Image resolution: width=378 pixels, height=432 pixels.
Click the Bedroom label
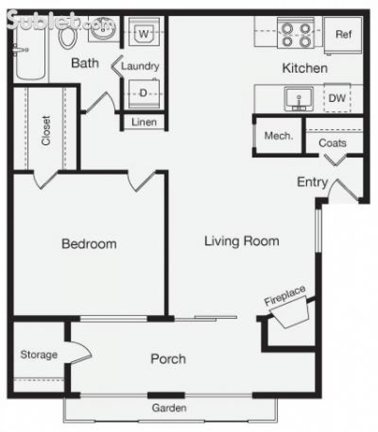(89, 244)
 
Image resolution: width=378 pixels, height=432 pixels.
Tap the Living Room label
(242, 241)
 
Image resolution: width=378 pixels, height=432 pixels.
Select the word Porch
(168, 359)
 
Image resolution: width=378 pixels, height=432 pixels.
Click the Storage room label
(39, 355)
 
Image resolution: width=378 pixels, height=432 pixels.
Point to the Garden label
(169, 408)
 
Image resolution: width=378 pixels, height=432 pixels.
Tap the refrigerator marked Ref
(343, 34)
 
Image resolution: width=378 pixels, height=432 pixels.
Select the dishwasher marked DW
(337, 98)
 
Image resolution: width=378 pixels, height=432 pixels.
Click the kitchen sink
(299, 99)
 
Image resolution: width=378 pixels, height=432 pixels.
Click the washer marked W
(144, 33)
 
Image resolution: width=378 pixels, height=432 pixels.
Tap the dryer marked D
(143, 93)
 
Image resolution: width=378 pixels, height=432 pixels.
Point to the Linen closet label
(144, 122)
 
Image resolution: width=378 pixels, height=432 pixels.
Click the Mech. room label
(278, 136)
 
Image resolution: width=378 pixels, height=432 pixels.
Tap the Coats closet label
(333, 143)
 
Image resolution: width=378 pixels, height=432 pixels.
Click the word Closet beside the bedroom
(46, 131)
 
